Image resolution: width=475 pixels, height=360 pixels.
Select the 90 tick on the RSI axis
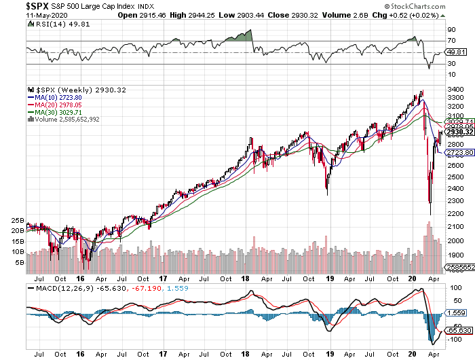[x=450, y=30]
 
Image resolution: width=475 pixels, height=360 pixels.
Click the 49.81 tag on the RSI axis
[x=455, y=52]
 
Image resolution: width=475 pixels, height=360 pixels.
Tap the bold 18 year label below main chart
[x=248, y=278]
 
